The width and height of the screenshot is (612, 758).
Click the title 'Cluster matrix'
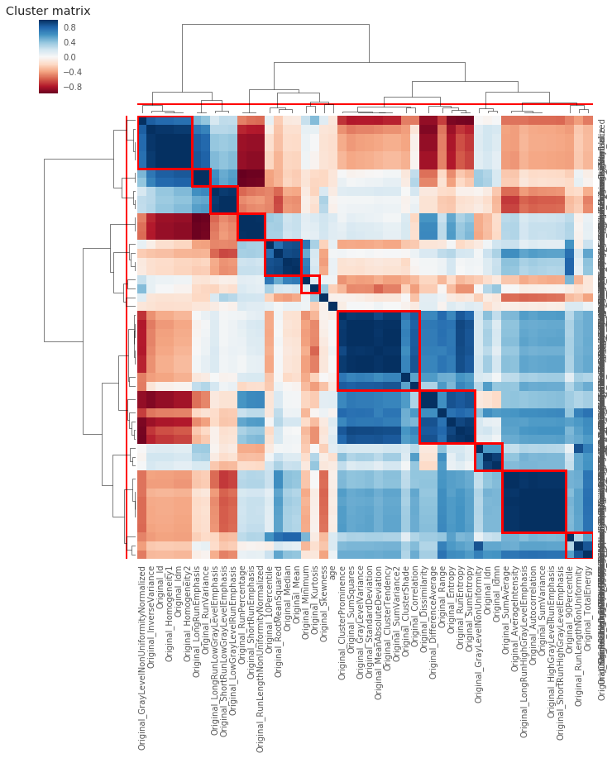pos(48,11)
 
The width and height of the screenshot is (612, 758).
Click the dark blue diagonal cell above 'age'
pos(332,307)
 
